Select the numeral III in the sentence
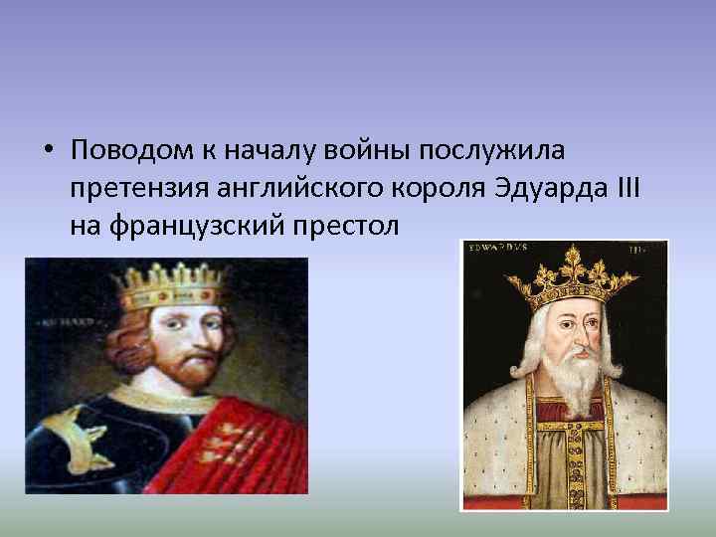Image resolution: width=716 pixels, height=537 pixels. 624,188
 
